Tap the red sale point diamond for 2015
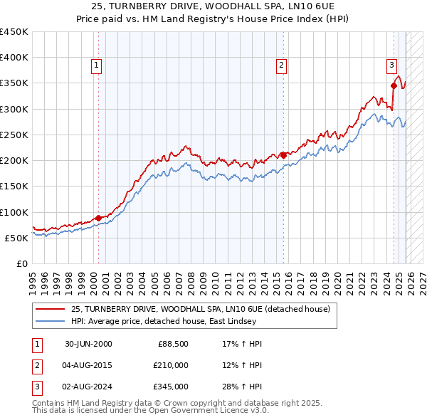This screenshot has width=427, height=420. [x=283, y=155]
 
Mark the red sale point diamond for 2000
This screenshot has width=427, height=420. [x=98, y=218]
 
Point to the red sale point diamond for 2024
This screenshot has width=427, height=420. [x=394, y=85]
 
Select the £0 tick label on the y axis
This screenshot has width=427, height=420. [x=22, y=263]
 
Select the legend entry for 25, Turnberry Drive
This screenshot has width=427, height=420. [x=200, y=310]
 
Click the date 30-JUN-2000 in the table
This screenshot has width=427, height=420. [x=88, y=344]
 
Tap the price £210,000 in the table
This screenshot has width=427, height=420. [x=170, y=365]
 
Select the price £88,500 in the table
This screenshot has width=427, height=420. [x=173, y=344]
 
